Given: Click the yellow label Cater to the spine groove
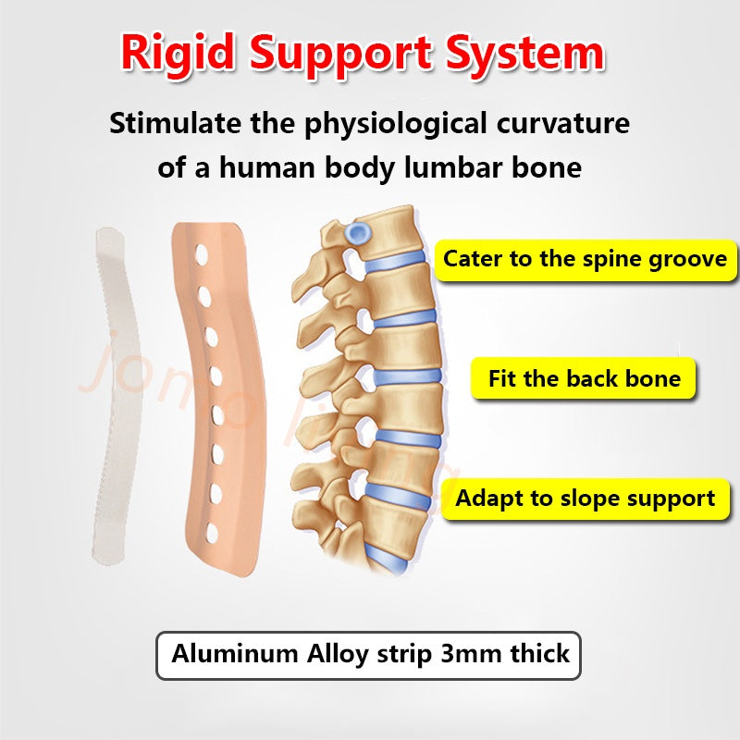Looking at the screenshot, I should (586, 259).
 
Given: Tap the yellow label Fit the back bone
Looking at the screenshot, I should (584, 378).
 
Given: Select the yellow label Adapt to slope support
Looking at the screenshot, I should (585, 499).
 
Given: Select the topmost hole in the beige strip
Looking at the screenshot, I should (201, 252).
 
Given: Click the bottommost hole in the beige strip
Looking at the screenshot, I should (214, 534).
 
